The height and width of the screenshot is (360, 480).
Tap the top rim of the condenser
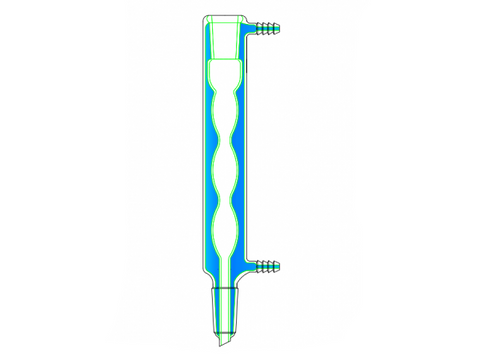(226, 18)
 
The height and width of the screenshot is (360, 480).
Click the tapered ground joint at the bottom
(227, 310)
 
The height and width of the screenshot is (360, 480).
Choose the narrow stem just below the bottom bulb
(228, 265)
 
